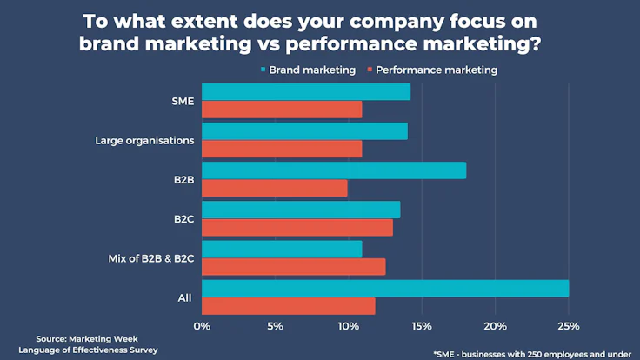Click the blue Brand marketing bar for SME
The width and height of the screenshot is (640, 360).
point(306,91)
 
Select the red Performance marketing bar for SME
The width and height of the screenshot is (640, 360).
point(282,110)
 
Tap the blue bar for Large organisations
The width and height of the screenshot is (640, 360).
point(304,131)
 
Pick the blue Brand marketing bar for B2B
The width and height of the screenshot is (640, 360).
point(334,170)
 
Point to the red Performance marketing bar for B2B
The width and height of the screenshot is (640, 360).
point(275,188)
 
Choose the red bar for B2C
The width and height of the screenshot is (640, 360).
point(297,227)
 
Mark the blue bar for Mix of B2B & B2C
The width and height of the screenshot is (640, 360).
point(282,249)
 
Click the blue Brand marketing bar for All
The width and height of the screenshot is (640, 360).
point(385,288)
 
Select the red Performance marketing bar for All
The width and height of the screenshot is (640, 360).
point(289,306)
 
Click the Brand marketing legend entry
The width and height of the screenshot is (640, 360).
point(312,70)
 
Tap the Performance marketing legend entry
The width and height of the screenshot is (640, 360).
point(437,70)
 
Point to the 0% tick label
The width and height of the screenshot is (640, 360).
point(202,326)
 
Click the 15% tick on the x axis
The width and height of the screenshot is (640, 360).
point(422,326)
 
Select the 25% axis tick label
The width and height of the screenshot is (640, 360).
point(569,326)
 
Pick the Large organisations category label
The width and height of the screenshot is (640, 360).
point(143,139)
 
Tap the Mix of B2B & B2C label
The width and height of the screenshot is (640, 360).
point(150,258)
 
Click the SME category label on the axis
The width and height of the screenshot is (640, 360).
point(182,100)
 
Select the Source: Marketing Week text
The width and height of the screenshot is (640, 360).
point(87,339)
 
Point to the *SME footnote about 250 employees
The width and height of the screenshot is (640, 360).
point(532,354)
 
